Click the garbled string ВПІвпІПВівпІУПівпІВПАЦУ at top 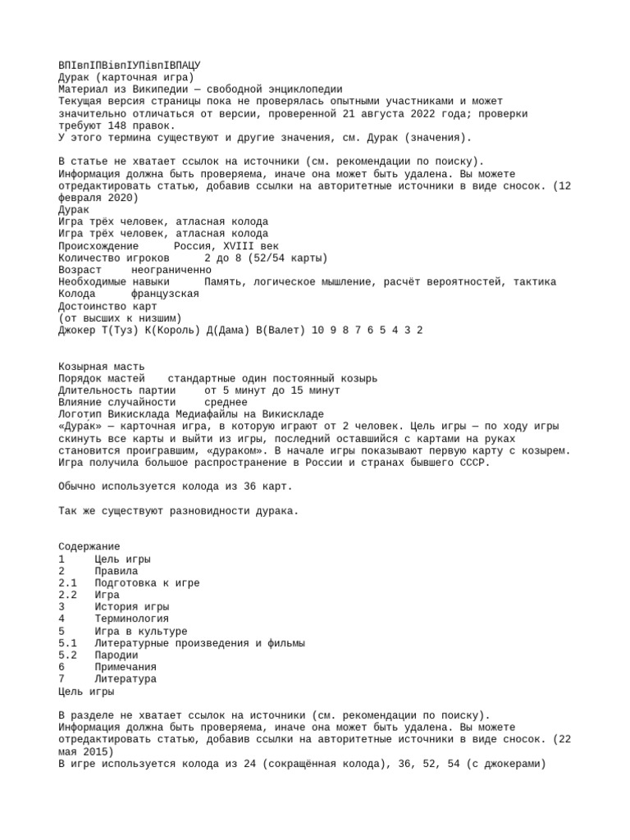(130, 65)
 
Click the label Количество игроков (114, 258)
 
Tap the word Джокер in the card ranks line (76, 330)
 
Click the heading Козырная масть (102, 366)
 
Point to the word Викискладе (289, 414)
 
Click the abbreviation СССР (476, 463)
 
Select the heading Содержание (89, 546)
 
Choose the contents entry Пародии (116, 655)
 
